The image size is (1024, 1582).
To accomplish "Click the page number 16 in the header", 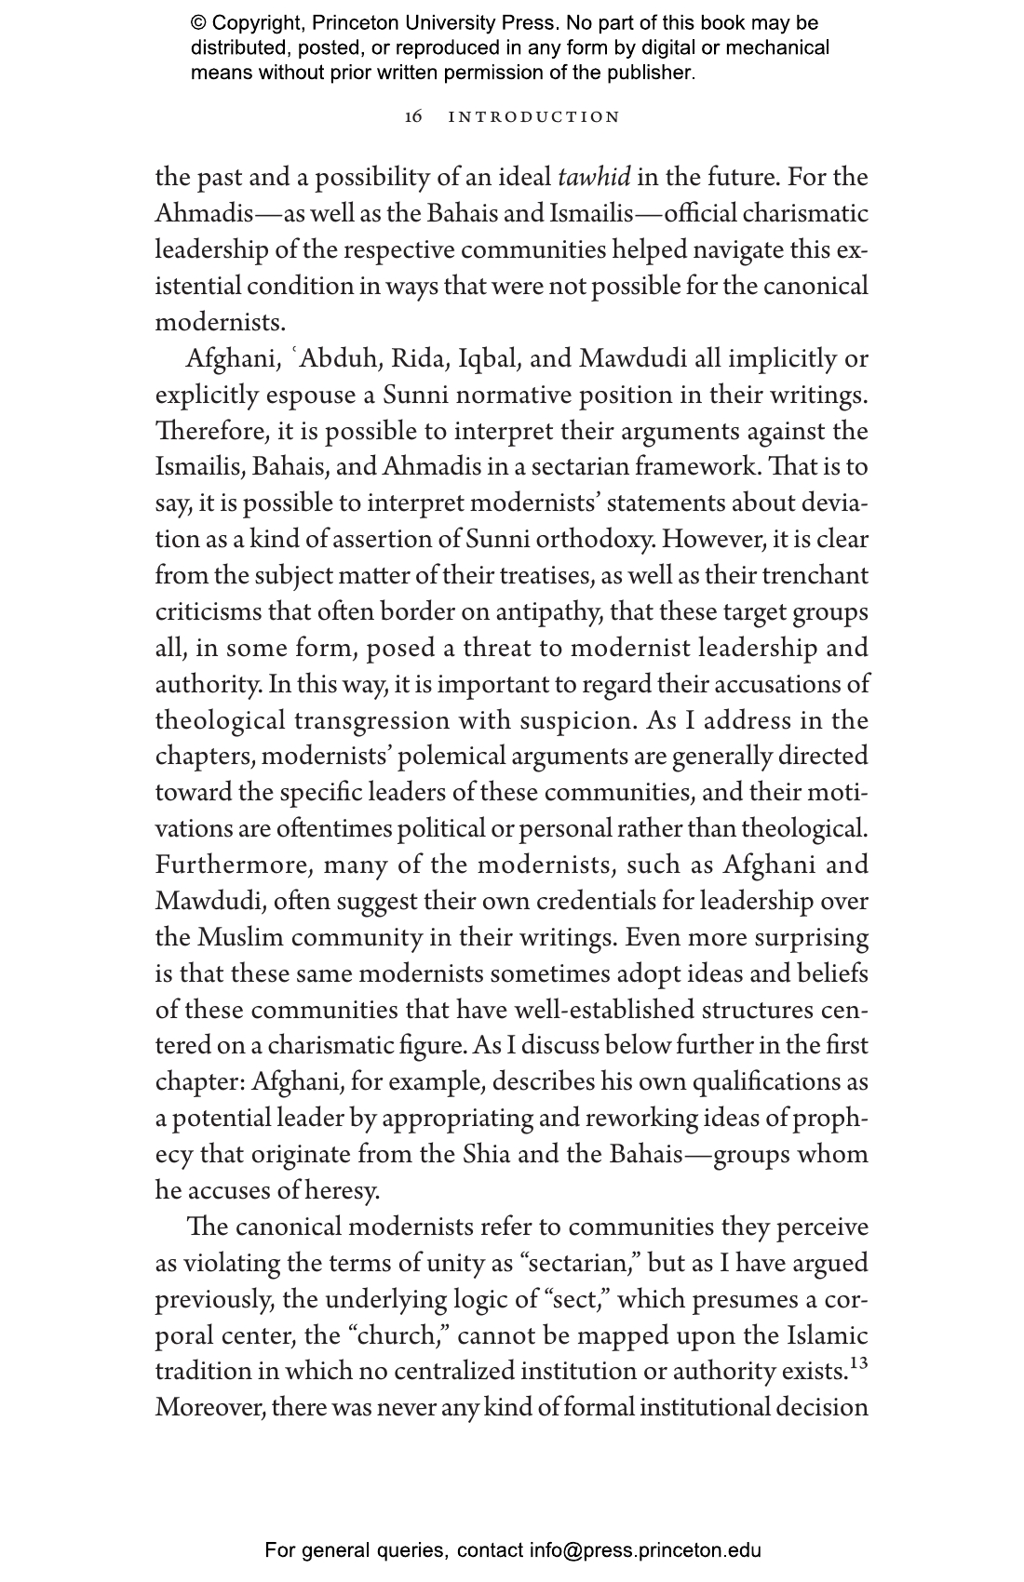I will [x=414, y=117].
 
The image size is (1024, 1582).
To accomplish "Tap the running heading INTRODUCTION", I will [x=534, y=117].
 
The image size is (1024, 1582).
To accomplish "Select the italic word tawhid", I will [x=594, y=177].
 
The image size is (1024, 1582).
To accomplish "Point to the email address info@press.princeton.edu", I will [x=645, y=1550].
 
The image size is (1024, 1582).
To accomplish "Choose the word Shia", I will [x=486, y=1155].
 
